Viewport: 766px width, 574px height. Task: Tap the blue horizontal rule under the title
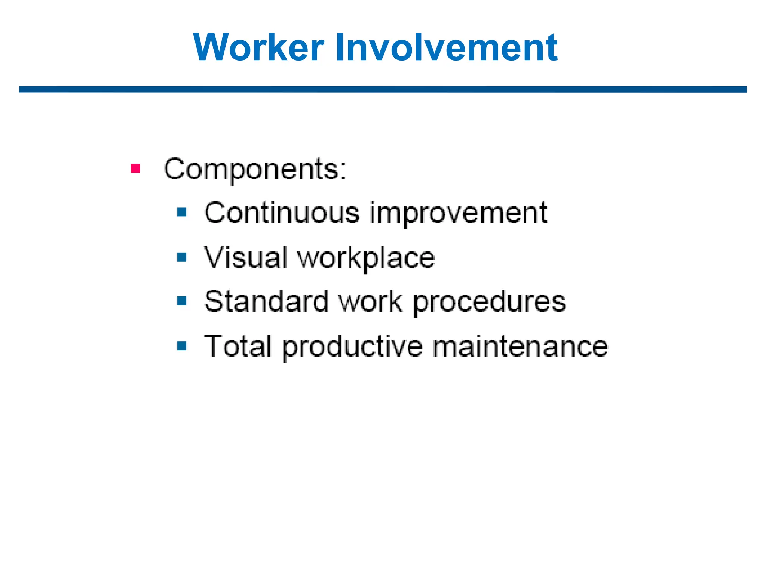coord(383,89)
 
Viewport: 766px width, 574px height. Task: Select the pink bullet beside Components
coord(135,169)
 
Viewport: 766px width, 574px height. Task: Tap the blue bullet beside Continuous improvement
coord(182,213)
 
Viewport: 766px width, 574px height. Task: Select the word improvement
coord(459,214)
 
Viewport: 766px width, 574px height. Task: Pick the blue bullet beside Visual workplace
coord(182,257)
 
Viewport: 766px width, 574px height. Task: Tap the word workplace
coord(366,259)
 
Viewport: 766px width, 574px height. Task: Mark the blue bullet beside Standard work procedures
coord(182,301)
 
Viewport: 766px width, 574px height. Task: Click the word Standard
coord(266,302)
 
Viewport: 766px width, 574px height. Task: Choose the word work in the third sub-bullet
coord(370,302)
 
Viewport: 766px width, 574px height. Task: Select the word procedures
coord(490,303)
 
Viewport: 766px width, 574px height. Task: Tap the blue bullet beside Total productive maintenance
coord(182,346)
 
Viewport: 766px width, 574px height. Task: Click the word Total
coord(238,346)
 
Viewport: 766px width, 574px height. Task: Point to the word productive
coord(353,348)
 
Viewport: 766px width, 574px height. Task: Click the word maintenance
coord(520,346)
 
